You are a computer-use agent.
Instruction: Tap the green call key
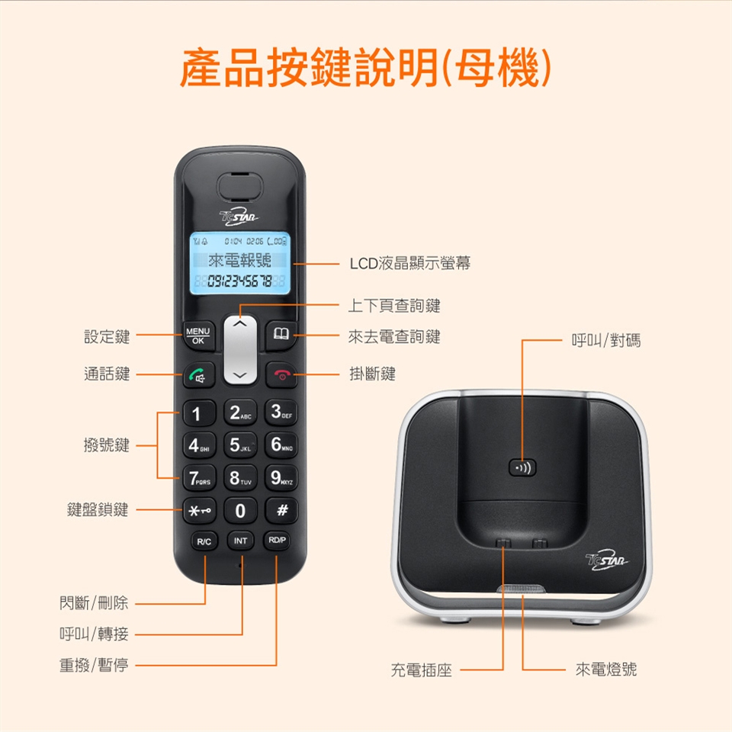(x=199, y=375)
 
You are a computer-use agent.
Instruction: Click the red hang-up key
(x=281, y=375)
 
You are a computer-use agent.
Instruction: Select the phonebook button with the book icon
(x=281, y=334)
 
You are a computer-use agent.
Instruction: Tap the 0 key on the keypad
(x=240, y=510)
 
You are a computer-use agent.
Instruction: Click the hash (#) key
(x=281, y=510)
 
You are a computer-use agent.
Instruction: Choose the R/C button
(x=204, y=541)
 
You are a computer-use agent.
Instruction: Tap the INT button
(x=240, y=541)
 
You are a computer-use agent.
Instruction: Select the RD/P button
(x=277, y=540)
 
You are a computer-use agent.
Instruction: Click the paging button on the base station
(x=522, y=467)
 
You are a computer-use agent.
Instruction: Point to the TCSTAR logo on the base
(x=606, y=560)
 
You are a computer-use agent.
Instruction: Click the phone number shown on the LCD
(x=239, y=281)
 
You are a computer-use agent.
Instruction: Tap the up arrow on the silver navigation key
(x=240, y=323)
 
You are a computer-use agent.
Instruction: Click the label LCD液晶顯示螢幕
(x=410, y=263)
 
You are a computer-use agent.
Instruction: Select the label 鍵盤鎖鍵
(x=98, y=510)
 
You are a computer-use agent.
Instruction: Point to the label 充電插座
(x=421, y=670)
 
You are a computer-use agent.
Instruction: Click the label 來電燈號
(x=606, y=669)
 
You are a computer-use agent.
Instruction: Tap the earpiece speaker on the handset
(x=240, y=188)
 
